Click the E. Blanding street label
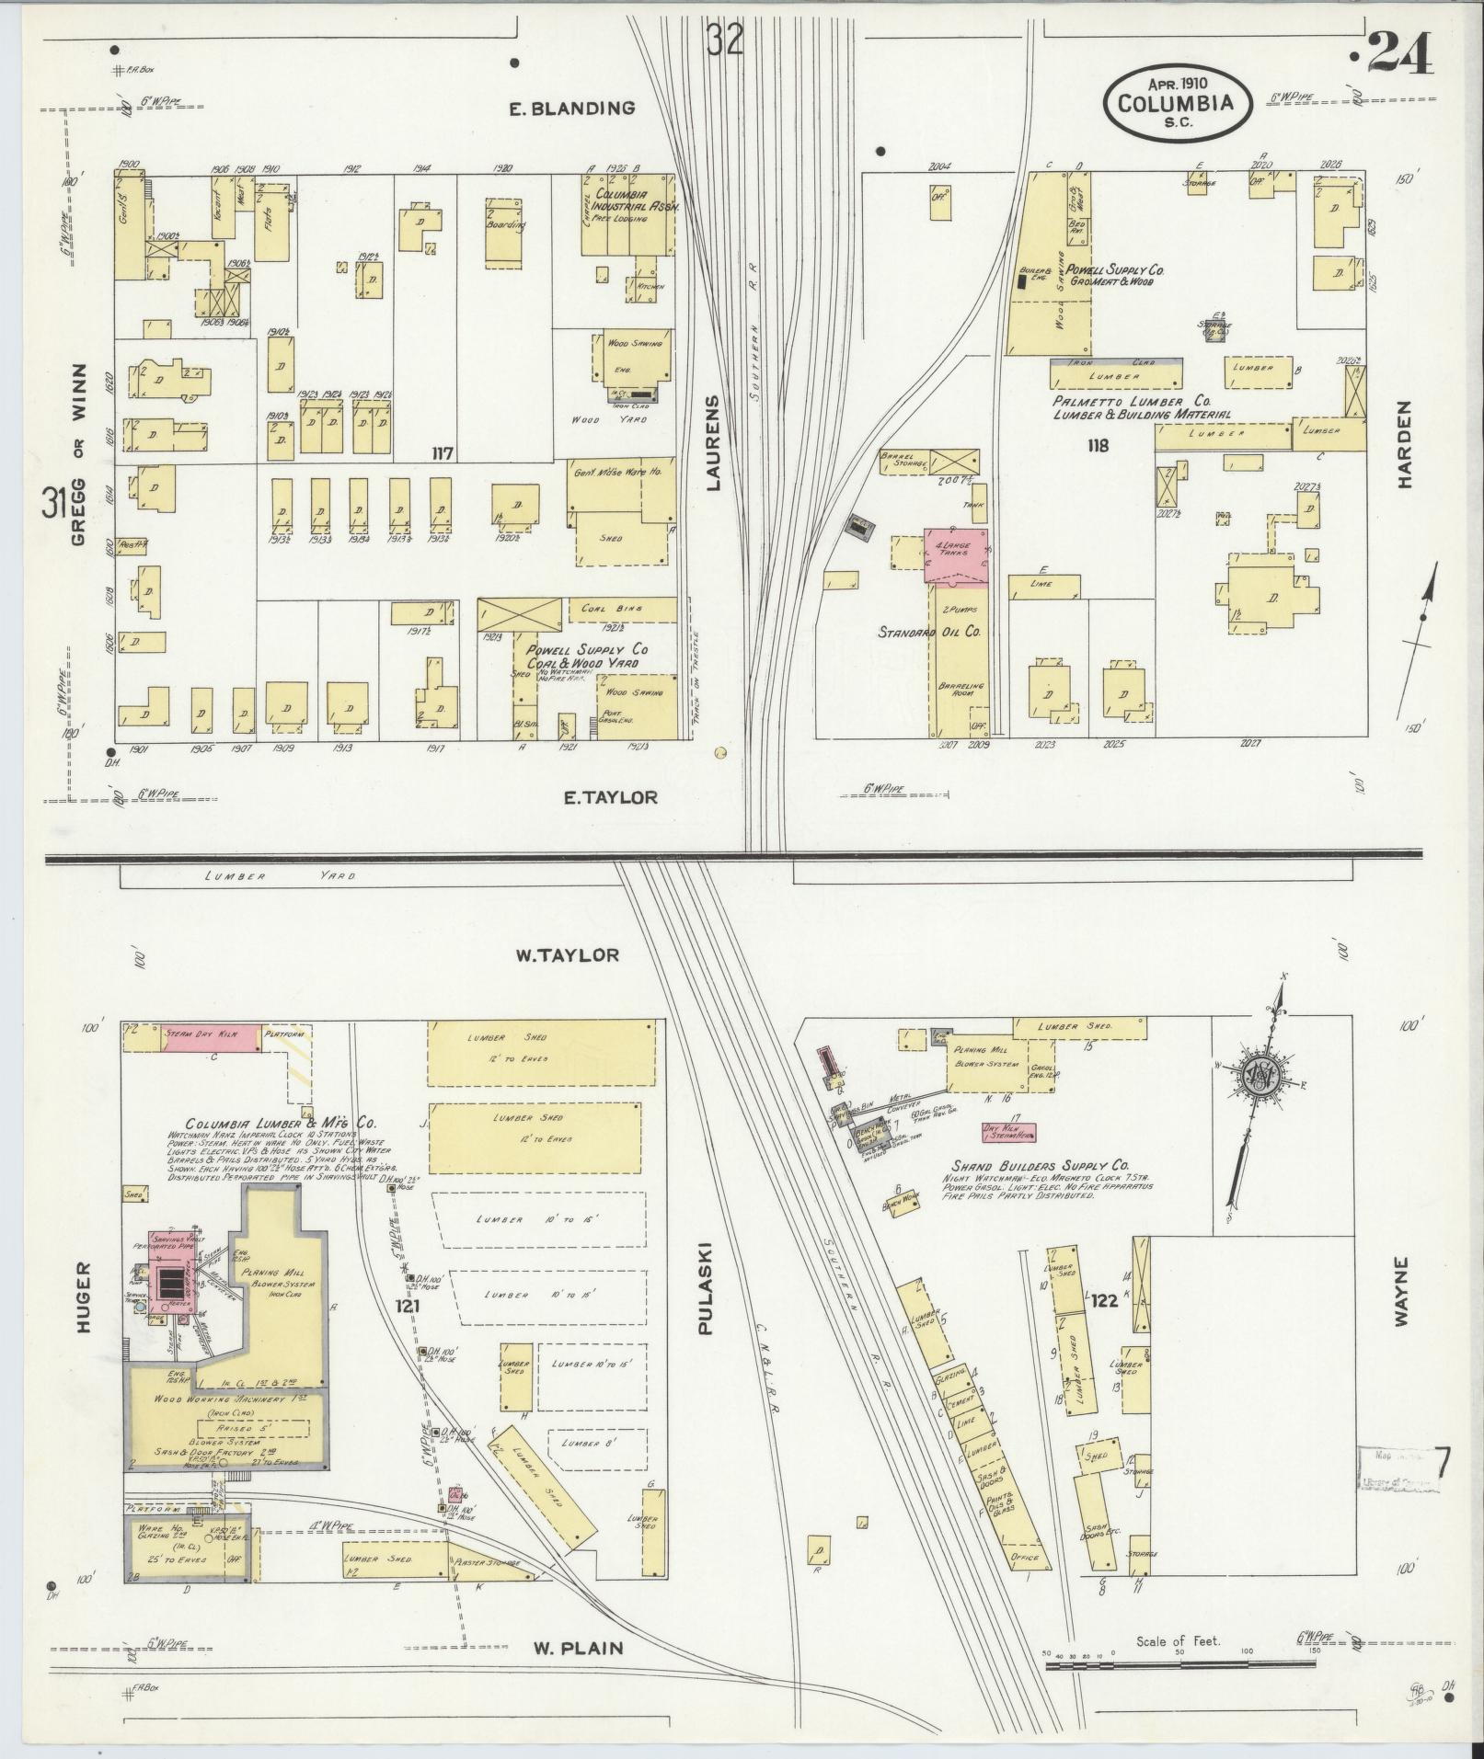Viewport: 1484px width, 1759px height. pyautogui.click(x=572, y=109)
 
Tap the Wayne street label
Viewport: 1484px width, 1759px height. pyautogui.click(x=1401, y=1291)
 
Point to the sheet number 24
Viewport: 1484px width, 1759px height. pyautogui.click(x=1400, y=54)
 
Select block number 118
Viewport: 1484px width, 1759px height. pyautogui.click(x=1097, y=446)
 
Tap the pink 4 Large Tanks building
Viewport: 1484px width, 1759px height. pyautogui.click(x=957, y=554)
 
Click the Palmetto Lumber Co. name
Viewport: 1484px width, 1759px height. pyautogui.click(x=1131, y=402)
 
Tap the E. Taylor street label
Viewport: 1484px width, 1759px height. pyautogui.click(x=611, y=797)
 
